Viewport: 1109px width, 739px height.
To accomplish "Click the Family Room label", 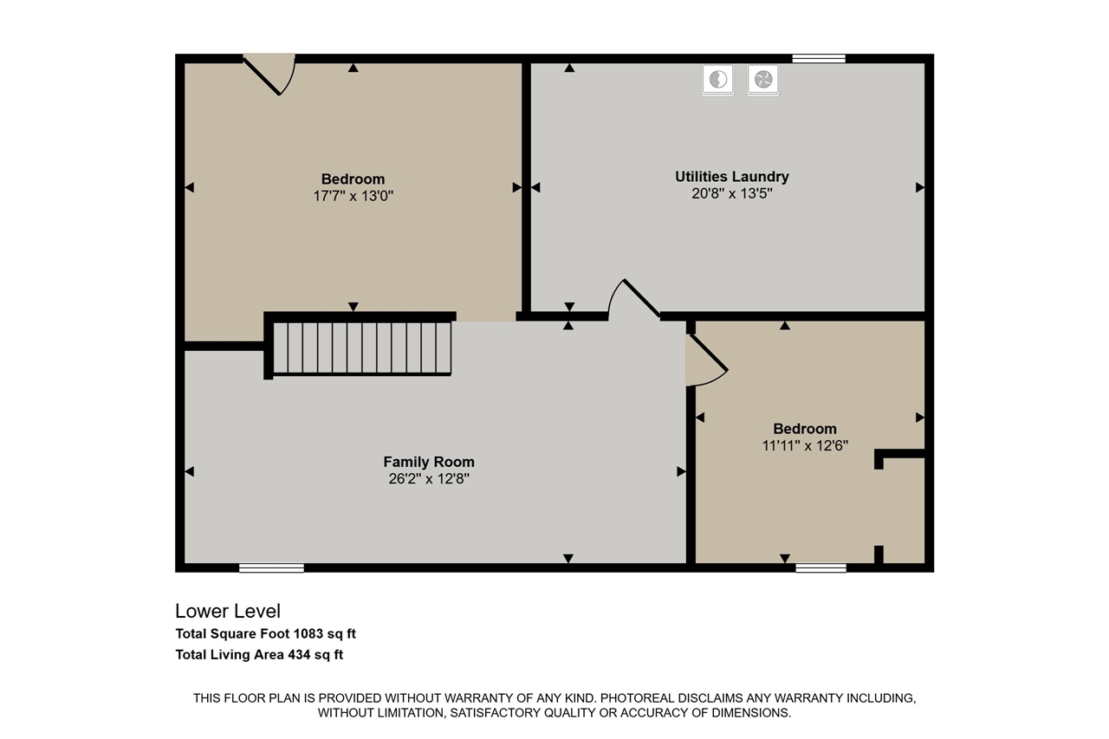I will [x=429, y=462].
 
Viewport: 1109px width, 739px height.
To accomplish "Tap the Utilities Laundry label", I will [x=731, y=177].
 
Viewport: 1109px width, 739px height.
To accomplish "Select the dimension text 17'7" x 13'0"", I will [x=353, y=196].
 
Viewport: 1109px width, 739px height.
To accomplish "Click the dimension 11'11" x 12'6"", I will [x=804, y=445].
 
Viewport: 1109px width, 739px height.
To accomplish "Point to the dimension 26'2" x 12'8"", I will [x=429, y=477].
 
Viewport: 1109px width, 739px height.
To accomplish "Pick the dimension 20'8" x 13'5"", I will [x=731, y=194].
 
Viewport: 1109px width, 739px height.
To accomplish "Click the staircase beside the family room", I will [x=362, y=347].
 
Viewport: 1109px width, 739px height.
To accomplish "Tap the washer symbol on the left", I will [x=717, y=80].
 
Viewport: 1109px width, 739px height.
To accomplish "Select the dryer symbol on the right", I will [x=763, y=80].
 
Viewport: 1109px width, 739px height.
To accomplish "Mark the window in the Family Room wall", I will [x=271, y=568].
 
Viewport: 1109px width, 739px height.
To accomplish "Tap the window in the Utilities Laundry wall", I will [x=819, y=59].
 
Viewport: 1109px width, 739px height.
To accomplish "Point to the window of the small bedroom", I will [x=820, y=568].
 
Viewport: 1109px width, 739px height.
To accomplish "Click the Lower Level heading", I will [x=228, y=611].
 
